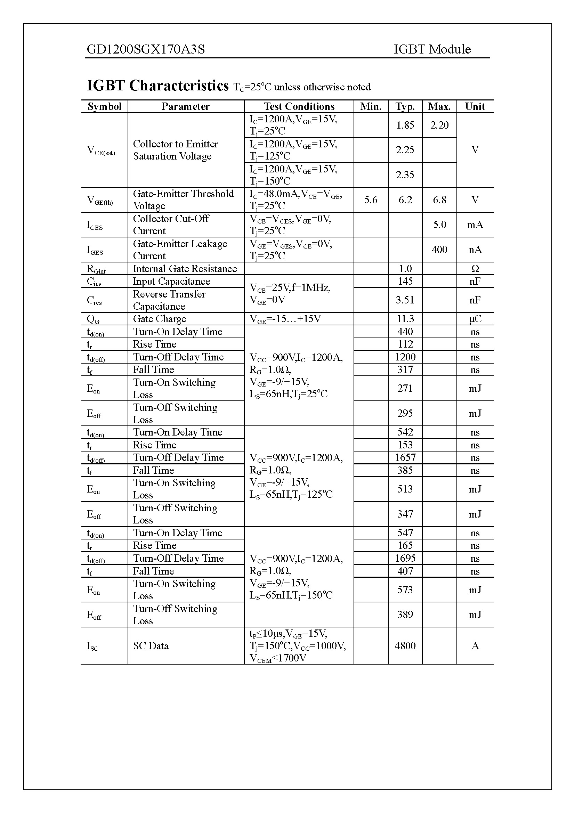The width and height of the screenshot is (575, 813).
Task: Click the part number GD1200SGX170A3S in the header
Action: [146, 49]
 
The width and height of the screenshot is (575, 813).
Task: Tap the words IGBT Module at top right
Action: [432, 49]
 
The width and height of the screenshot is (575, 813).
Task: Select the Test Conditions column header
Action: [299, 107]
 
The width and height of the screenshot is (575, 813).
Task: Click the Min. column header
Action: [371, 107]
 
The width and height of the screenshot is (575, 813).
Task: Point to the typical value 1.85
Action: [405, 125]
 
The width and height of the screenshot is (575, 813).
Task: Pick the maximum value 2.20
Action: [439, 125]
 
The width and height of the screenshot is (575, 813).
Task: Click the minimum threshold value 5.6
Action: [371, 200]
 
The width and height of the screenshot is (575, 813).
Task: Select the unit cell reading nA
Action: [475, 250]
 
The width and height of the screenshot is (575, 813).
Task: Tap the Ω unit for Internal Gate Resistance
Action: [475, 269]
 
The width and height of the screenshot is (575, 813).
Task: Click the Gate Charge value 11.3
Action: [405, 319]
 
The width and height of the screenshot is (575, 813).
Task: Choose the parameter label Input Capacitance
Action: [171, 282]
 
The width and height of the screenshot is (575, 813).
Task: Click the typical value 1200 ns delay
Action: [405, 357]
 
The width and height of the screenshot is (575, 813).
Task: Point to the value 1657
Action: [405, 457]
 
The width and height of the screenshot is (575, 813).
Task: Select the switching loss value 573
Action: [405, 590]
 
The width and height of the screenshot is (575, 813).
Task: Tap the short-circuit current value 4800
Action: [405, 646]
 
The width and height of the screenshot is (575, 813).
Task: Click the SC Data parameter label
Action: [151, 646]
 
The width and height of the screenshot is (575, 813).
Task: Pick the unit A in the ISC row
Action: [475, 646]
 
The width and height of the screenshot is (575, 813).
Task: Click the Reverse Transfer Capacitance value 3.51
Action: [405, 300]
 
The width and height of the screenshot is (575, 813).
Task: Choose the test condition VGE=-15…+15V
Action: [285, 319]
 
